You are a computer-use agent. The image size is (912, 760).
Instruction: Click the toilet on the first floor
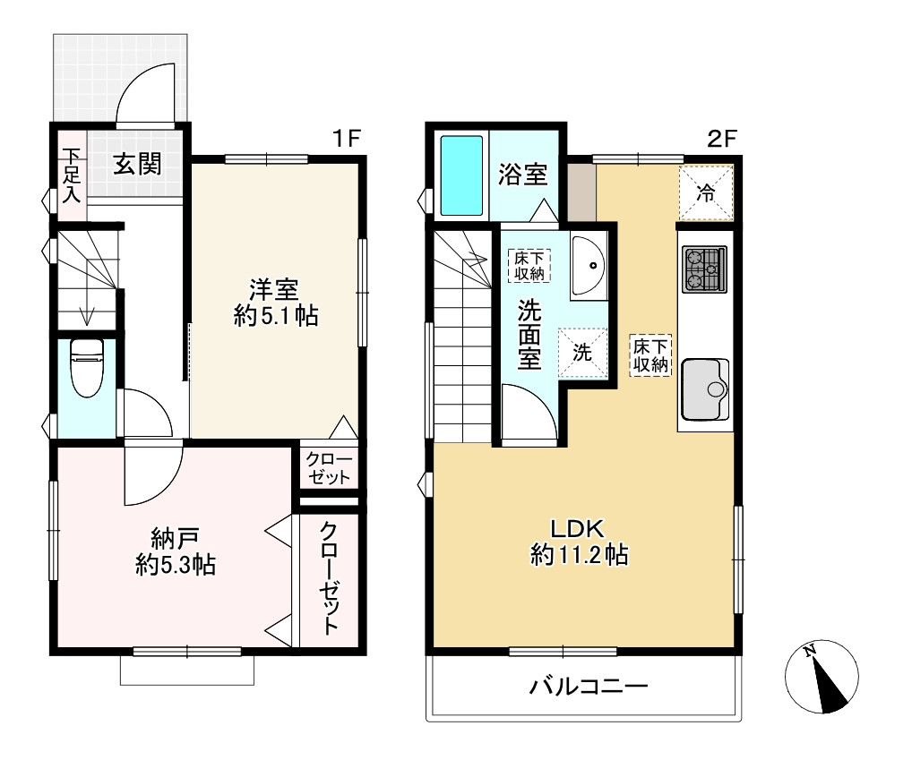87,367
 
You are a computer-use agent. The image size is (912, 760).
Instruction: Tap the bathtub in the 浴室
461,175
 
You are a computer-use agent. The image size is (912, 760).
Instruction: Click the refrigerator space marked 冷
707,192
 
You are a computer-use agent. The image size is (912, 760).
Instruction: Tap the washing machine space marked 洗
581,353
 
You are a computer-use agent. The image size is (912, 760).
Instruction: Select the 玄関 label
137,165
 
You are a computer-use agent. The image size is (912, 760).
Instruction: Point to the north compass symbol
823,679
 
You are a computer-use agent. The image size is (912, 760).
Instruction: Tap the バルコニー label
588,687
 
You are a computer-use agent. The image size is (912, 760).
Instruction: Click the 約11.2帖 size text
579,556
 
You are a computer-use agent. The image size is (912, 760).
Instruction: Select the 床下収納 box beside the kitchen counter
650,354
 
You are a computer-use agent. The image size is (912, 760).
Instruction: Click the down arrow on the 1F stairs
87,314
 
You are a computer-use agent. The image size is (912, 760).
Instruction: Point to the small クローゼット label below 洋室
329,468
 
